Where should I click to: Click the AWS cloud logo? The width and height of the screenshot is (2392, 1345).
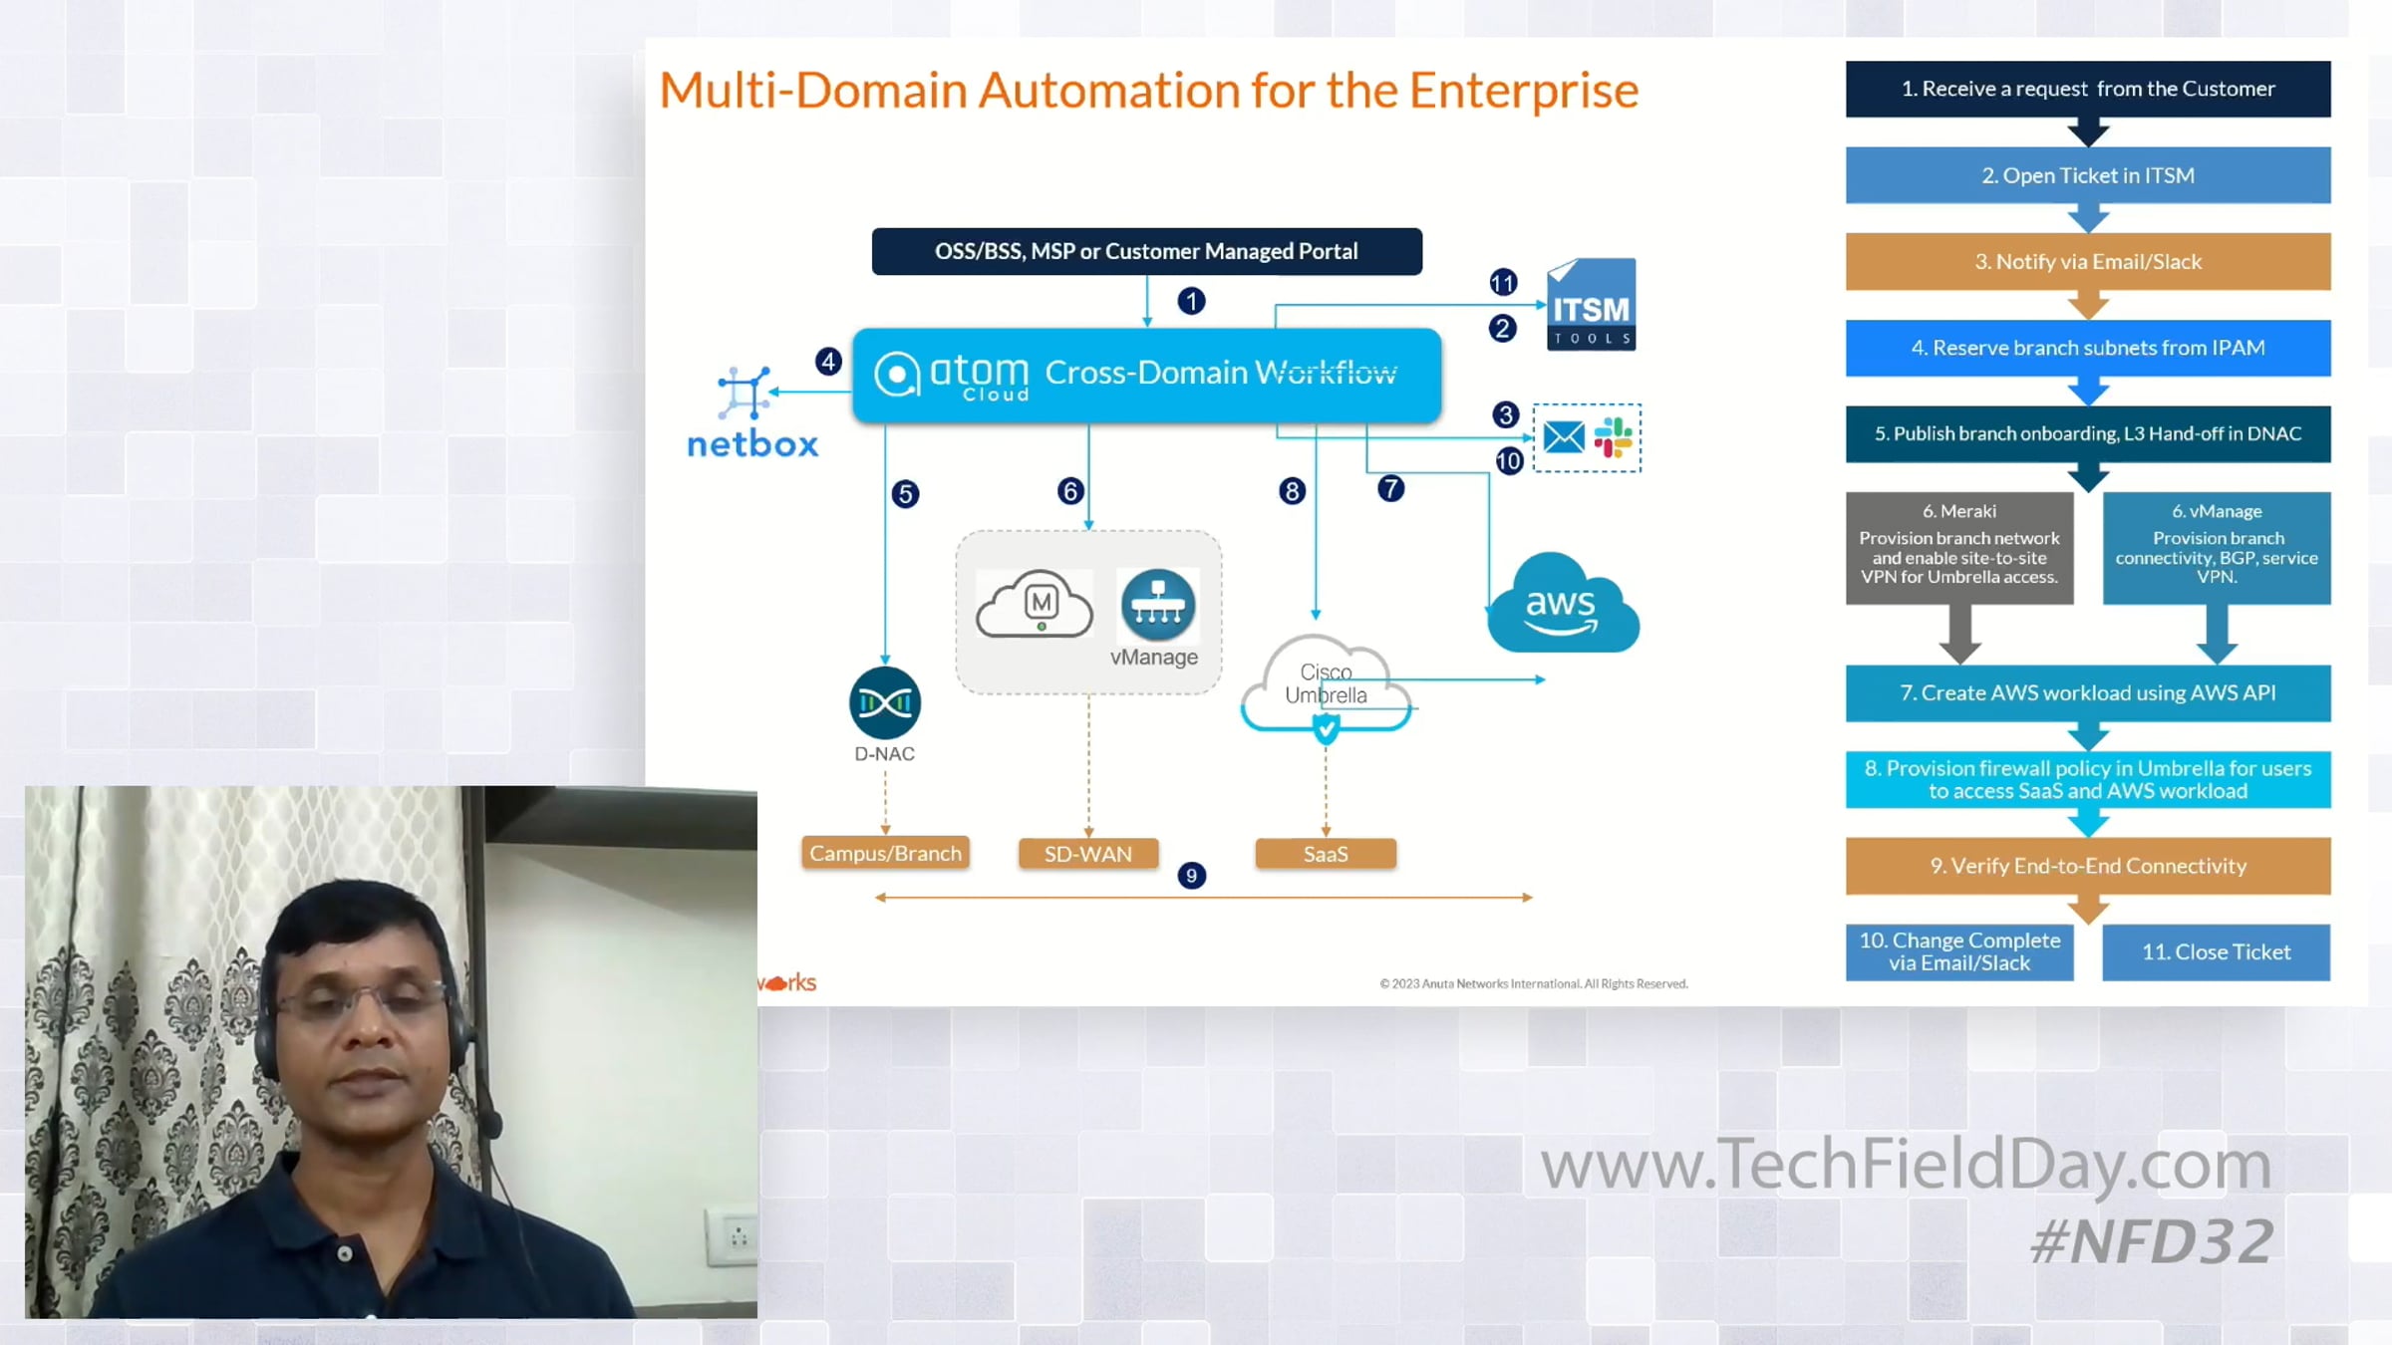pos(1563,604)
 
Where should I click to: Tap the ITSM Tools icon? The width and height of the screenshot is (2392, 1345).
pos(1591,304)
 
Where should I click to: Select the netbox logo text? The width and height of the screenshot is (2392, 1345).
pos(752,443)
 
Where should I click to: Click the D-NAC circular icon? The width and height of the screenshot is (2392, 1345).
pos(884,702)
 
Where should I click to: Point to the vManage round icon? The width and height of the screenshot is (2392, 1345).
pos(1157,604)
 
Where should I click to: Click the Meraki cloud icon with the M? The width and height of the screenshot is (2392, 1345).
pos(1035,604)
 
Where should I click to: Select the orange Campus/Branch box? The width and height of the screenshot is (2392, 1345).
pos(885,853)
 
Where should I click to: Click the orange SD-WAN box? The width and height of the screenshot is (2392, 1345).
pos(1088,854)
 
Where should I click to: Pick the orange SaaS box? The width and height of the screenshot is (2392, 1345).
pos(1326,854)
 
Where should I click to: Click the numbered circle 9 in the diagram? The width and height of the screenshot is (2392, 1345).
pos(1191,876)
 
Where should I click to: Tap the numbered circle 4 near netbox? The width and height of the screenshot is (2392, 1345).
pos(828,361)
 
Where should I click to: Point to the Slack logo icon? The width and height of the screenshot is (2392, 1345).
pos(1614,436)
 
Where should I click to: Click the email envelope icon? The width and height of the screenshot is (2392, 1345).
pos(1564,436)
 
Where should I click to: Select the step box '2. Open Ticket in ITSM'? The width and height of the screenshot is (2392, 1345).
pos(2088,175)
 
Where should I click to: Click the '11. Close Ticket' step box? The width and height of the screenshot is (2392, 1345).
pos(2217,952)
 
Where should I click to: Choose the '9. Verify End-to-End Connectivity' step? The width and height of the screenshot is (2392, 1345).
pos(2088,866)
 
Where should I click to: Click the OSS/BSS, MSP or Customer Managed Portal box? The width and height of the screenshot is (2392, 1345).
pos(1147,251)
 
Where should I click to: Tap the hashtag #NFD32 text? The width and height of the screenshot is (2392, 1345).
pos(2152,1242)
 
